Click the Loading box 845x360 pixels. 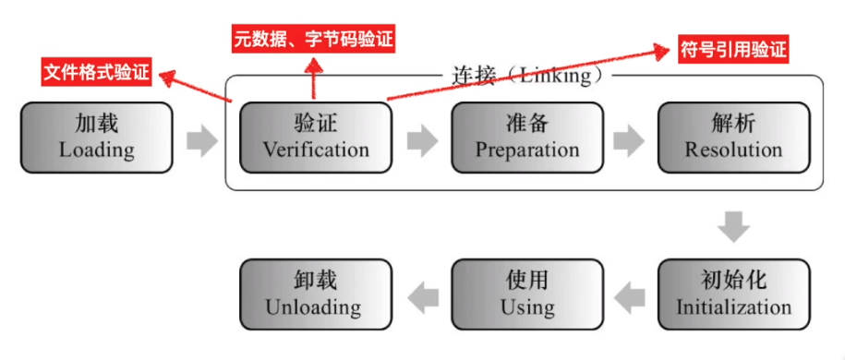[x=96, y=137]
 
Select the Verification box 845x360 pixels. [x=315, y=137]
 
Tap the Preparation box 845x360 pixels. [x=527, y=137]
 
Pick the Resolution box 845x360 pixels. [x=733, y=137]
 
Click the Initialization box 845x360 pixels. [x=733, y=293]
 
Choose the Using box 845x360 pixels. [x=527, y=293]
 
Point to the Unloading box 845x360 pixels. [x=315, y=293]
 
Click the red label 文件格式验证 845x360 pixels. [x=96, y=72]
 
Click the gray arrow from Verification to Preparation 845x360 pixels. [x=422, y=140]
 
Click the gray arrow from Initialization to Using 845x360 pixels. [x=630, y=296]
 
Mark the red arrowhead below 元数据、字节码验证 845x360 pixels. [x=314, y=65]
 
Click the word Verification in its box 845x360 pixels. [x=315, y=150]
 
